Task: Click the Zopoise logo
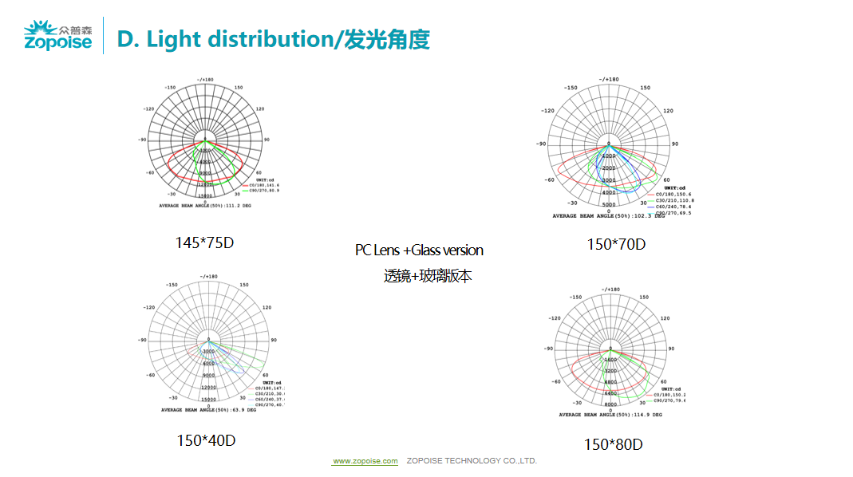tap(58, 36)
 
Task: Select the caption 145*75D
tap(204, 242)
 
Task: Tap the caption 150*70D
tap(616, 244)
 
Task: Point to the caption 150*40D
tap(206, 440)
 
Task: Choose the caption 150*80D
tap(613, 444)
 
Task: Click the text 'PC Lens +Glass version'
tap(419, 250)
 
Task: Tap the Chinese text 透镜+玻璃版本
tap(428, 276)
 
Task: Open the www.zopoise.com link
tap(365, 461)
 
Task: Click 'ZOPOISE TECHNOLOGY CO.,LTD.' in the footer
tap(472, 461)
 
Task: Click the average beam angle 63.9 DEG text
tap(208, 410)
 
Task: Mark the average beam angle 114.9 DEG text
tap(610, 415)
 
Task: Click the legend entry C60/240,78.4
tap(673, 207)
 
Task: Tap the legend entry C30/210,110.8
tap(673, 200)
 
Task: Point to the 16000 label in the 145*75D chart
tap(205, 195)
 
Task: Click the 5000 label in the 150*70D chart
tap(608, 205)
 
